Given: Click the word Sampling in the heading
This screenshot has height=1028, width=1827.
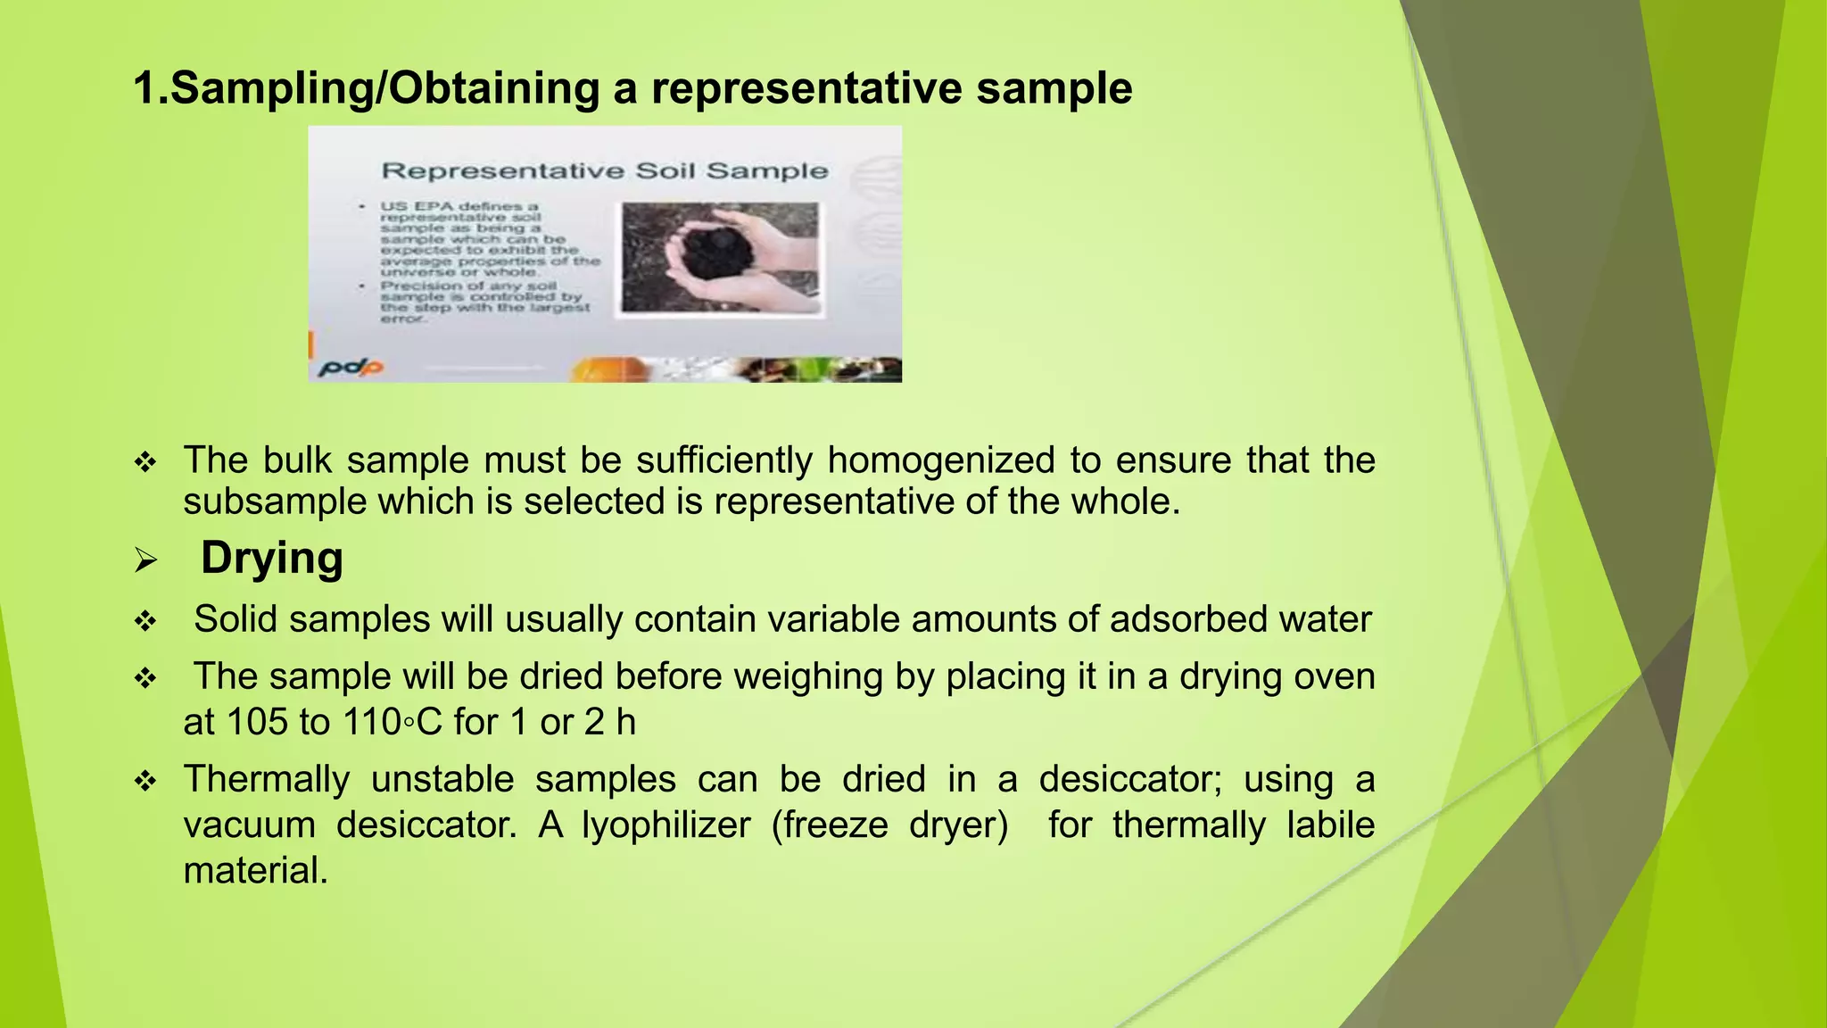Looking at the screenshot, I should click(x=271, y=89).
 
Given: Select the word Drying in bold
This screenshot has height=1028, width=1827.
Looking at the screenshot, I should click(x=271, y=559).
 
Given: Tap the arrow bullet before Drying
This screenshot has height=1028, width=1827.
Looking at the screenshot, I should click(x=145, y=561).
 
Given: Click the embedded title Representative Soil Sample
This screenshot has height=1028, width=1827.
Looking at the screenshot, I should click(x=605, y=170).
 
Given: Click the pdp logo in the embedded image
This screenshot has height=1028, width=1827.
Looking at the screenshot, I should click(x=351, y=367).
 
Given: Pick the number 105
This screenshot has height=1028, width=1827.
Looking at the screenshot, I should click(x=256, y=722).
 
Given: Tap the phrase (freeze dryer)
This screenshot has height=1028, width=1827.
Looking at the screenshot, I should click(x=889, y=825).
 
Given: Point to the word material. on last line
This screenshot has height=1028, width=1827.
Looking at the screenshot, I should click(x=255, y=871).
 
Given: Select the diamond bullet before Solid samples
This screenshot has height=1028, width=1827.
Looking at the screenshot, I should click(x=145, y=622).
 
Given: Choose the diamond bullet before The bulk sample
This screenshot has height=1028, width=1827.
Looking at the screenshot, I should click(x=145, y=463).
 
